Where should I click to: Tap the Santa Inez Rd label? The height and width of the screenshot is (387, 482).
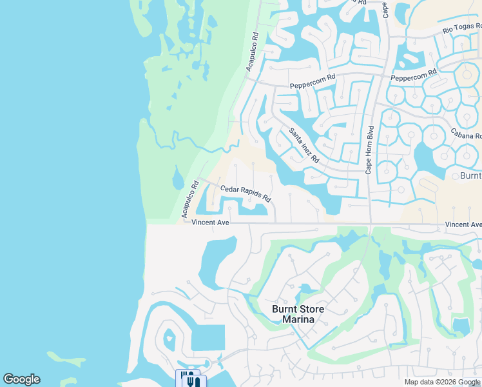coord(304,145)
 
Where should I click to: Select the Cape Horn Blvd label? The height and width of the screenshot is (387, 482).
coord(370,148)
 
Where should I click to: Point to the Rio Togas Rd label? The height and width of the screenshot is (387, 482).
coord(461,28)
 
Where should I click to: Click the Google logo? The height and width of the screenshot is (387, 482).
coord(21,379)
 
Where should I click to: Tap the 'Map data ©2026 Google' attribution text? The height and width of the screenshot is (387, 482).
coord(442,382)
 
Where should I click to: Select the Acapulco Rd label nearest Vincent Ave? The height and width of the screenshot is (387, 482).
coord(189,197)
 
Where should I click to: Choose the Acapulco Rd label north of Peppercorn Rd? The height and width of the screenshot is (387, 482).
coord(251,52)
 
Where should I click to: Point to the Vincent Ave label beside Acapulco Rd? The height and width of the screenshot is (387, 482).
coord(210,223)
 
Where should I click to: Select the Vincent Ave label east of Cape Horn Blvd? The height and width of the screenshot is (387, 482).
coord(463,224)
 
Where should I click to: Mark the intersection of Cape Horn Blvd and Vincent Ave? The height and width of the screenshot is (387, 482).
coord(370,225)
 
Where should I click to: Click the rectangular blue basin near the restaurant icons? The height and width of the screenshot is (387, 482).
coord(208,338)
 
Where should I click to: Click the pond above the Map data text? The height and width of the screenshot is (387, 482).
coord(461,326)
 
